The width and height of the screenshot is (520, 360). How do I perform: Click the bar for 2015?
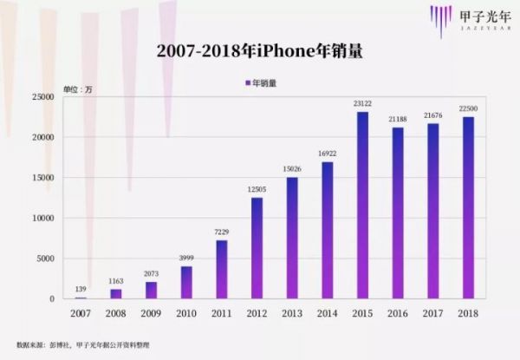(x=362, y=205)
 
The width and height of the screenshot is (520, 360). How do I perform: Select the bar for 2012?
(x=257, y=248)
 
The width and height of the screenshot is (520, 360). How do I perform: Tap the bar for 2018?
(x=469, y=207)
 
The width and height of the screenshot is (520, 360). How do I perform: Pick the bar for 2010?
(x=186, y=282)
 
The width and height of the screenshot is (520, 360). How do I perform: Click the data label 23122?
(x=362, y=104)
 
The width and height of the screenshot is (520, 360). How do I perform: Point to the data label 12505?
(x=257, y=190)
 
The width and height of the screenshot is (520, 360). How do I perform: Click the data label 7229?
(x=221, y=232)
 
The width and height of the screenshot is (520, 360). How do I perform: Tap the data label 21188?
(x=398, y=120)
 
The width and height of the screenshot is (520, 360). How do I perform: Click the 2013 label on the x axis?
(x=292, y=311)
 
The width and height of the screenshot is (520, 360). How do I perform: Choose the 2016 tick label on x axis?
(x=398, y=311)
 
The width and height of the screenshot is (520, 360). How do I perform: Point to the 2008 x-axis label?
(x=115, y=311)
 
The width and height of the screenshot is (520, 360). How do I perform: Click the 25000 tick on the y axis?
(x=42, y=97)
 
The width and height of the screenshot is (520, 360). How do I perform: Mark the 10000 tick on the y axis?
(x=42, y=218)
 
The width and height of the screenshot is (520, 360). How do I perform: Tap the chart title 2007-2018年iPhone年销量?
(x=259, y=51)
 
